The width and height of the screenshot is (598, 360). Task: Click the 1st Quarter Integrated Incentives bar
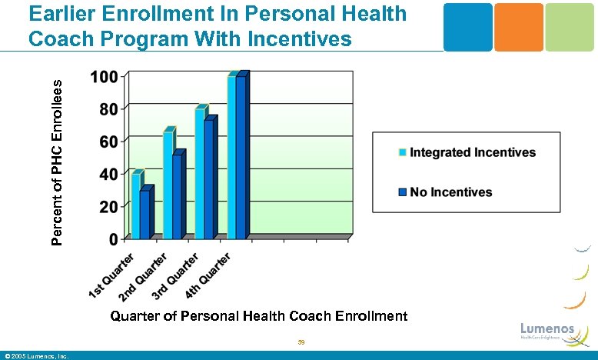135,206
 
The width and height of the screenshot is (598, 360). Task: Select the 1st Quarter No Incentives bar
145,215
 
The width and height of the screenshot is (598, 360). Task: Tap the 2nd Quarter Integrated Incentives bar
168,185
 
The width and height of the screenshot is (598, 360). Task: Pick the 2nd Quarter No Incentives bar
177,197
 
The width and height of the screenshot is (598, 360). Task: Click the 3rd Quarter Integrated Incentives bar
199,173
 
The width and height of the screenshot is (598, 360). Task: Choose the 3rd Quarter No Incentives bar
208,179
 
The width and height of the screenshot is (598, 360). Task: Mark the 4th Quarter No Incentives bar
241,158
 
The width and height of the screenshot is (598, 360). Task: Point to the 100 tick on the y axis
104,77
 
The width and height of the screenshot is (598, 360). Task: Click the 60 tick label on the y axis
108,142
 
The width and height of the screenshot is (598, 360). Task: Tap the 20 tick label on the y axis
108,206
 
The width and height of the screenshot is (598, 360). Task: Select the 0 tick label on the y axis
113,239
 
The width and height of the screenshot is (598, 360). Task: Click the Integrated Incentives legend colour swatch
402,152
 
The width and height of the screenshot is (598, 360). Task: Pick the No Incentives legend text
451,192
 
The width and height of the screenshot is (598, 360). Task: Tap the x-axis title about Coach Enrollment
258,316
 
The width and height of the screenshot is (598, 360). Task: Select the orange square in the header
518,27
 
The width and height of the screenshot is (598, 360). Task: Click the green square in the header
570,27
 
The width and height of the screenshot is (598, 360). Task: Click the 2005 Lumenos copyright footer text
37,355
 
